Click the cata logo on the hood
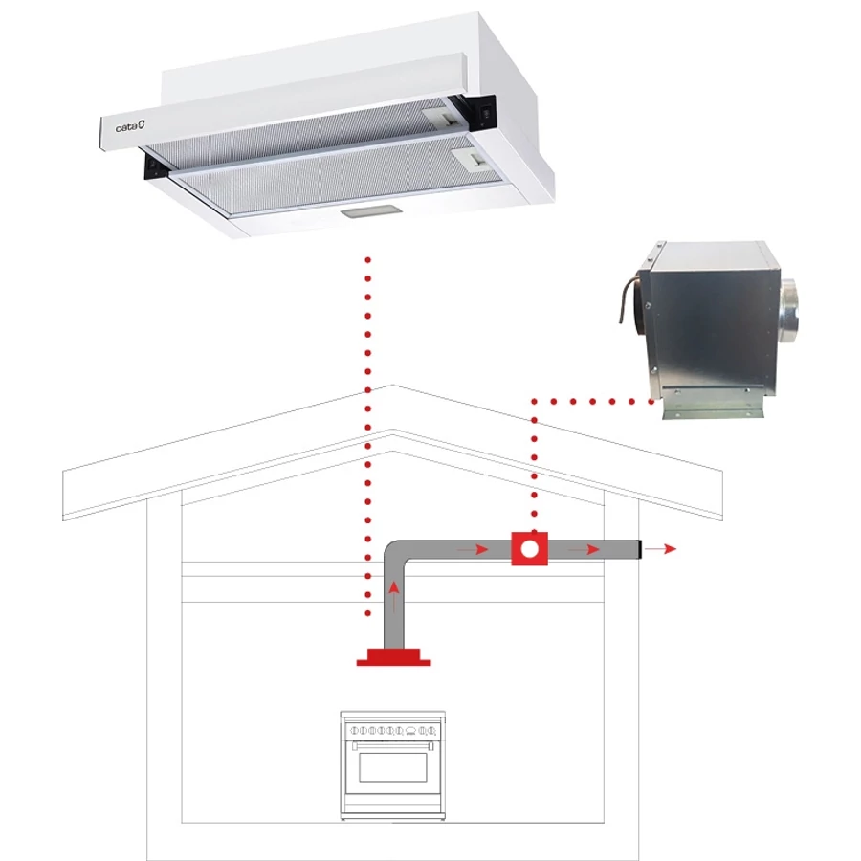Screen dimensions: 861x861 point(130,127)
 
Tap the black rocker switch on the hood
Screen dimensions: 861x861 point(485,113)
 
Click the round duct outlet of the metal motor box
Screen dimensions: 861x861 point(788,311)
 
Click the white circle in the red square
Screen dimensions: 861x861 point(530,549)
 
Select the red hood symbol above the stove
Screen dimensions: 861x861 point(394,657)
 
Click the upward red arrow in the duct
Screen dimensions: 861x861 point(394,597)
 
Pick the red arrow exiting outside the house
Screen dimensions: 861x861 point(660,548)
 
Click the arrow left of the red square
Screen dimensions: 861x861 point(473,549)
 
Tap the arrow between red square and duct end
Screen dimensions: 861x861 point(584,549)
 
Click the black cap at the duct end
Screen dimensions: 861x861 point(640,549)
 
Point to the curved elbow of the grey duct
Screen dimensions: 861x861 point(393,551)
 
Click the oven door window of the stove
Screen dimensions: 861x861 point(392,767)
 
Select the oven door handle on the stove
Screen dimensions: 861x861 point(392,745)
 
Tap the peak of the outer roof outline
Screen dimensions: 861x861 point(392,385)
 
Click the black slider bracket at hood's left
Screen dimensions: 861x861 point(155,166)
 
